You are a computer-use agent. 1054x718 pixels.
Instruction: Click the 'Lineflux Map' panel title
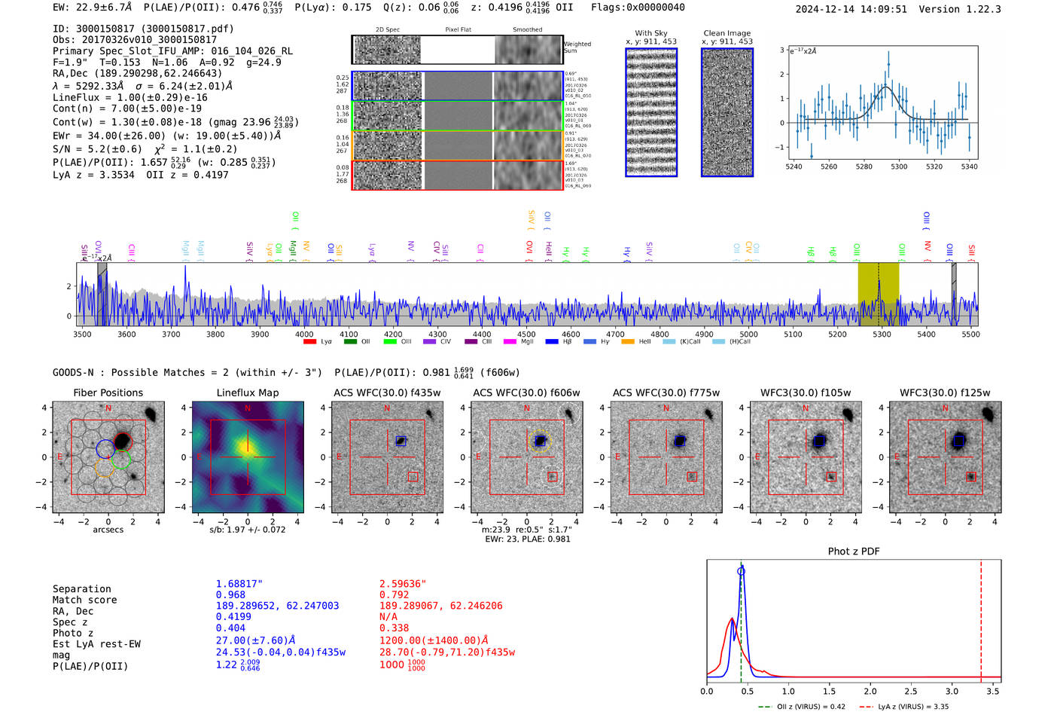(x=247, y=393)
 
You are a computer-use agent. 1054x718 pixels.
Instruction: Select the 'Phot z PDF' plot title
(x=853, y=551)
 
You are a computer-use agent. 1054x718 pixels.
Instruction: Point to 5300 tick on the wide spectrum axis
(x=882, y=334)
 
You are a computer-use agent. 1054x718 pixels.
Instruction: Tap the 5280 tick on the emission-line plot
(x=864, y=167)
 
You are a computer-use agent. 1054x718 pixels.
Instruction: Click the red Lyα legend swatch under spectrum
(x=309, y=342)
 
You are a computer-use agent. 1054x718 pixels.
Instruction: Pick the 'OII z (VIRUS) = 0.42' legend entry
(x=801, y=707)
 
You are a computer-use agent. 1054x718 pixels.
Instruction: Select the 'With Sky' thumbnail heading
(x=650, y=33)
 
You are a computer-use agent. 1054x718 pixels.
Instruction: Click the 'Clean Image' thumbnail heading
(x=727, y=33)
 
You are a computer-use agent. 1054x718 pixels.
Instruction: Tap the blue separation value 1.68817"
(x=239, y=584)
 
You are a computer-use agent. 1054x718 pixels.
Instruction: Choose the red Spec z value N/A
(x=388, y=616)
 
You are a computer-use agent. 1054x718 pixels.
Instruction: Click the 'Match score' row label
(x=84, y=600)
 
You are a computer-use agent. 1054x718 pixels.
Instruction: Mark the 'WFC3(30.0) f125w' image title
(x=945, y=393)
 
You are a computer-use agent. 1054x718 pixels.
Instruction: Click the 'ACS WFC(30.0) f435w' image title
(x=387, y=393)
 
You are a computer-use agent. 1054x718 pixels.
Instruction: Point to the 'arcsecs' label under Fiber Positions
(x=108, y=530)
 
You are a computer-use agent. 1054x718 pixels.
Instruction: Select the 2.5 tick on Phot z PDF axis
(x=910, y=691)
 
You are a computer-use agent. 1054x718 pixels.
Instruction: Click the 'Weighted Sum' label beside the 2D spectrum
(x=577, y=47)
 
